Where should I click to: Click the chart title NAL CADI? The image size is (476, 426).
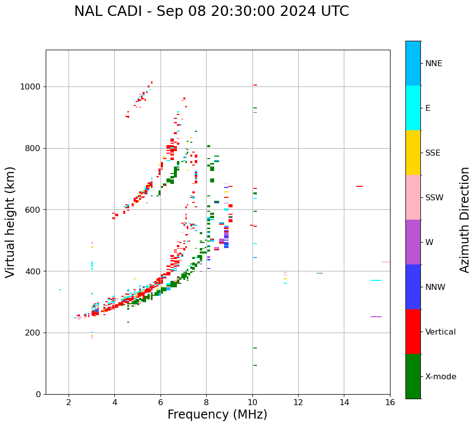pyautogui.click(x=211, y=11)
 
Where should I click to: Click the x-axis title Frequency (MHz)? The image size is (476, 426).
pyautogui.click(x=217, y=415)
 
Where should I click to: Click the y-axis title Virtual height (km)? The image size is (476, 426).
pyautogui.click(x=10, y=222)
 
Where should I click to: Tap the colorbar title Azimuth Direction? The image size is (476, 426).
pyautogui.click(x=465, y=220)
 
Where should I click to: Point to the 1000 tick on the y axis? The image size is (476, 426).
pyautogui.click(x=32, y=87)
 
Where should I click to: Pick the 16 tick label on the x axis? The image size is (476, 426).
pyautogui.click(x=390, y=402)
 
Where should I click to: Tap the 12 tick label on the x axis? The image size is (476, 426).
pyautogui.click(x=298, y=402)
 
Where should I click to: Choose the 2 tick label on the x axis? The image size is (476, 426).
pyautogui.click(x=69, y=402)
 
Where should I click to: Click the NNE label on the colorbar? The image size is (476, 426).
pyautogui.click(x=434, y=64)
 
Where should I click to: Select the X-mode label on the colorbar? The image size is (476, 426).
pyautogui.click(x=441, y=377)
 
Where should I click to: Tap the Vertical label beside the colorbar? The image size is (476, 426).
pyautogui.click(x=440, y=332)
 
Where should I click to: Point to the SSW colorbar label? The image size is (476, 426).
pyautogui.click(x=434, y=198)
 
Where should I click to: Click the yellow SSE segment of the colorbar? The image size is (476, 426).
pyautogui.click(x=413, y=153)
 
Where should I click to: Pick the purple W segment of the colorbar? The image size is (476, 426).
pyautogui.click(x=413, y=242)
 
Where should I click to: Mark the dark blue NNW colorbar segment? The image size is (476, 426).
pyautogui.click(x=413, y=287)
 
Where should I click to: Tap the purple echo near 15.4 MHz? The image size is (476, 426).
pyautogui.click(x=376, y=317)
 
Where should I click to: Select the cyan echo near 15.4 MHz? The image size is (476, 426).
pyautogui.click(x=376, y=280)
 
